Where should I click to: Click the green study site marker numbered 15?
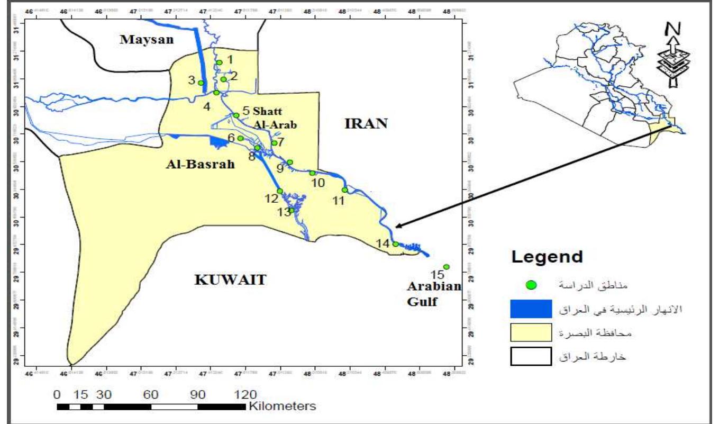click(446, 267)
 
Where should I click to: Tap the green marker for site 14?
click(395, 244)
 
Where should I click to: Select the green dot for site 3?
click(201, 83)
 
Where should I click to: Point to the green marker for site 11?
click(344, 190)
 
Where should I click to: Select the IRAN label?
click(367, 124)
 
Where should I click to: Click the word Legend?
click(547, 258)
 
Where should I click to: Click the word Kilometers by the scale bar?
click(281, 407)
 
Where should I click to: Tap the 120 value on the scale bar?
click(245, 394)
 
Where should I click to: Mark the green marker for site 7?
click(274, 143)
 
